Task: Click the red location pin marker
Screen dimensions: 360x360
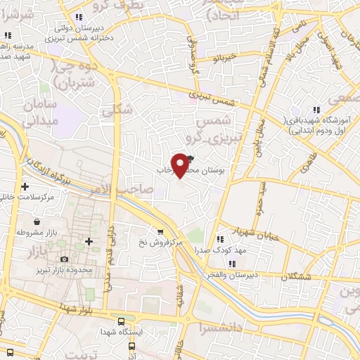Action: pos(181,165)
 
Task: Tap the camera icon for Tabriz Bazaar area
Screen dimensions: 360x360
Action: pos(65,259)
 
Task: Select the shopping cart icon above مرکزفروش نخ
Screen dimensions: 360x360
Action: pos(161,232)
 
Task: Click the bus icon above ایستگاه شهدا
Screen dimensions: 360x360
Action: pos(122,320)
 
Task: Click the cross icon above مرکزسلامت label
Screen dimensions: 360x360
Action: pos(25,186)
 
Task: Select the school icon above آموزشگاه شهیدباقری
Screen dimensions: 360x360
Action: pos(316,109)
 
